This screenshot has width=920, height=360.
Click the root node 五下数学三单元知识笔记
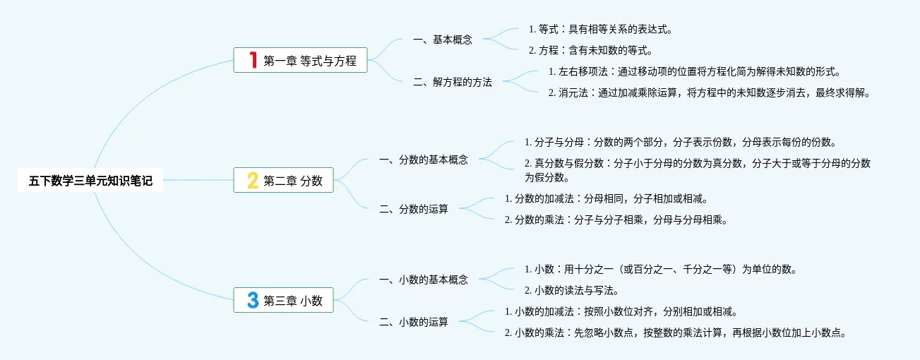90,181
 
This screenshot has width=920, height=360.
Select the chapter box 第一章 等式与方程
301,61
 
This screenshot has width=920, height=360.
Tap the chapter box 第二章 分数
283,181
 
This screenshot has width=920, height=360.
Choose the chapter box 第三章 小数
283,301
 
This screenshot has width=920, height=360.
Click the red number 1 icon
253,61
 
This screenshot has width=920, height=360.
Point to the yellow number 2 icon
252,181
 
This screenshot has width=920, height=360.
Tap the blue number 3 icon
253,301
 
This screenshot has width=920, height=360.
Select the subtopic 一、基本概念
443,40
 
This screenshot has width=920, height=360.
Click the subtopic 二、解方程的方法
453,82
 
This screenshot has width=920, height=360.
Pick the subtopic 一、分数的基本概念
423,160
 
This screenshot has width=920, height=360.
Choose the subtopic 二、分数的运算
413,209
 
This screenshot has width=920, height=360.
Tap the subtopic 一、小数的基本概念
423,280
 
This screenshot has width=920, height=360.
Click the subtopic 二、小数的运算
413,322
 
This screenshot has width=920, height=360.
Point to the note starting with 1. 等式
599,30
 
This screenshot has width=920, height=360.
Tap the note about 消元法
709,92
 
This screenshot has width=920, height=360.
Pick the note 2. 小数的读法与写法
572,290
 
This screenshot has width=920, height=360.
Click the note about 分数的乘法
615,220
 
